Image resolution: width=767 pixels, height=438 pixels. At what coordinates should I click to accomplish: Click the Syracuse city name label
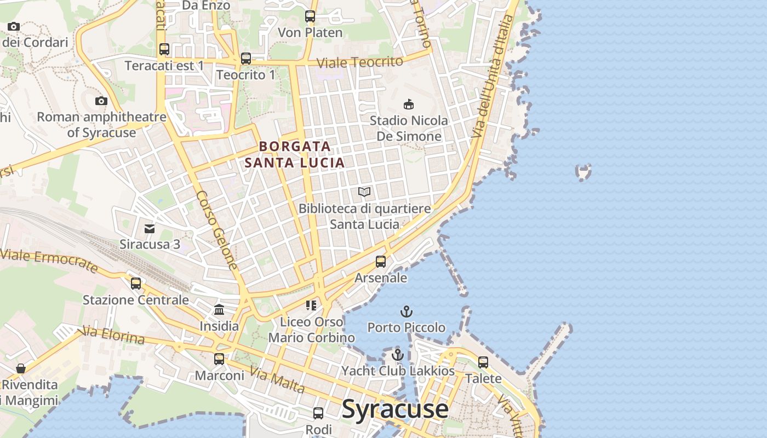(x=395, y=410)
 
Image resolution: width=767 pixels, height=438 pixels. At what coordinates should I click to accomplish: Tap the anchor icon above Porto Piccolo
(x=406, y=312)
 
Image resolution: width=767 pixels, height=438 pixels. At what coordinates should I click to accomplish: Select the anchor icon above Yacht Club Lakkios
(x=398, y=355)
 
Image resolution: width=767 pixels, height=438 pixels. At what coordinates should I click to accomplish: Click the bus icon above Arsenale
(x=381, y=262)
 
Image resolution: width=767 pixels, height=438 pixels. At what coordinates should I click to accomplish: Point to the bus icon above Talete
(x=483, y=362)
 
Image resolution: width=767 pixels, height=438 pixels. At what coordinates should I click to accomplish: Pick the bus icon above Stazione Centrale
(x=136, y=284)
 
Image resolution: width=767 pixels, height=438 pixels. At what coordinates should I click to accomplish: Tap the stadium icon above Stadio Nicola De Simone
(x=408, y=104)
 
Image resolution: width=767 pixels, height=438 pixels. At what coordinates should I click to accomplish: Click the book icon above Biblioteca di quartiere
(x=364, y=192)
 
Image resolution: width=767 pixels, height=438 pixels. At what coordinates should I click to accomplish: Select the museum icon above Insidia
(x=219, y=310)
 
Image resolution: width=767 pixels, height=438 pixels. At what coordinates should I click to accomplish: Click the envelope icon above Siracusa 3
(x=150, y=228)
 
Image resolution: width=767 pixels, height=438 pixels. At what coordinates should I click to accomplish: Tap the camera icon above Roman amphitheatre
(x=101, y=101)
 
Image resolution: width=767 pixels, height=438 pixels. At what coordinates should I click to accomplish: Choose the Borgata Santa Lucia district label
(x=295, y=154)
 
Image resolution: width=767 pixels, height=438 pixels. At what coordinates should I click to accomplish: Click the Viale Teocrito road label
(x=360, y=62)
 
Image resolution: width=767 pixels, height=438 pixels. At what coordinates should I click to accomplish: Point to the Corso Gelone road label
(x=217, y=230)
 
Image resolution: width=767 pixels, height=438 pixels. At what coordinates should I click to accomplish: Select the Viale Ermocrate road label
(x=49, y=261)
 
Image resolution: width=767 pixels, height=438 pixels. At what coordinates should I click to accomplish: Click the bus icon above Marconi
(x=219, y=359)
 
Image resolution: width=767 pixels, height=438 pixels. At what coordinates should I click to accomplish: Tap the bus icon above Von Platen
(x=310, y=16)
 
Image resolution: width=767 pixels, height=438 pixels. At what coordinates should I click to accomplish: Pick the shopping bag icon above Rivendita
(x=21, y=368)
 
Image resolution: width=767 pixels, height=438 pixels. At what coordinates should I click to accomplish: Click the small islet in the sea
(x=584, y=172)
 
